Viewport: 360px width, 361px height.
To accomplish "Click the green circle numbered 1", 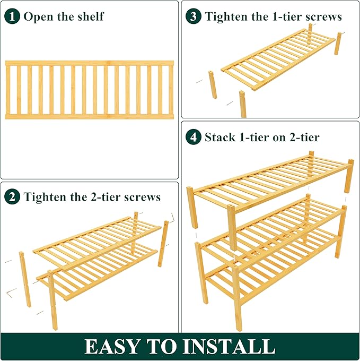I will tap(13, 16).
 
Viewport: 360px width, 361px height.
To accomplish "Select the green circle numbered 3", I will tap(194, 16).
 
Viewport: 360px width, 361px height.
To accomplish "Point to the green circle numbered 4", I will tap(194, 137).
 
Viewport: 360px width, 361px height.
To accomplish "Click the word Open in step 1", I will tap(38, 16).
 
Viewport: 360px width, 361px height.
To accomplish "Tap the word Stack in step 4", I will tap(220, 137).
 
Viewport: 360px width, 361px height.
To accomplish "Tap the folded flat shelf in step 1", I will tap(90, 90).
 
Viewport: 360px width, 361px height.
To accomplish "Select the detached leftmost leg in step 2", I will tap(25, 279).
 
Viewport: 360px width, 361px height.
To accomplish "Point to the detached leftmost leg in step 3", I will tap(213, 84).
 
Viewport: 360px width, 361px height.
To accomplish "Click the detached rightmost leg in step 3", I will tap(338, 44).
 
